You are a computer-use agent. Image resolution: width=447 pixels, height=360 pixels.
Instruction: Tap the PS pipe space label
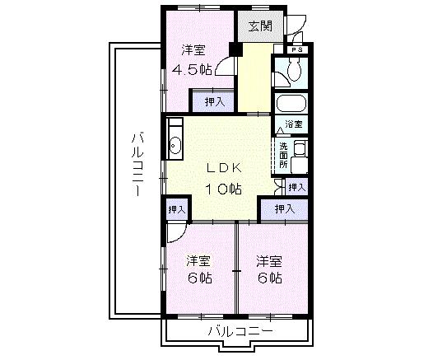[x=296, y=50]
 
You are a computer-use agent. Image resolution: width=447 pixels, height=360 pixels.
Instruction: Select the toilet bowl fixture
[x=295, y=70]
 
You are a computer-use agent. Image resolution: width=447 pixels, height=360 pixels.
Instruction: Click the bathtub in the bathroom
[x=291, y=103]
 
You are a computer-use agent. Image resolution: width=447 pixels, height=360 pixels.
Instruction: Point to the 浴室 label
[x=294, y=124]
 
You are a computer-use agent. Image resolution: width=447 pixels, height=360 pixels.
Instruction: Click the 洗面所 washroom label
[x=283, y=156]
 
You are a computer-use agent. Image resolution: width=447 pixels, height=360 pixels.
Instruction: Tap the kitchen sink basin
[x=175, y=146]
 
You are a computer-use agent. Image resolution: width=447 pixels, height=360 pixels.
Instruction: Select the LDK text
[x=224, y=168]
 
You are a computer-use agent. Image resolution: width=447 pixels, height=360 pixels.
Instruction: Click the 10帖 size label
[x=224, y=189]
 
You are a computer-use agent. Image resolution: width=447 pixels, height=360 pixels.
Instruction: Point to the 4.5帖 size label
[x=192, y=69]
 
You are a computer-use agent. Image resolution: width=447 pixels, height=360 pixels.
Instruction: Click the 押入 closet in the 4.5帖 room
[x=215, y=101]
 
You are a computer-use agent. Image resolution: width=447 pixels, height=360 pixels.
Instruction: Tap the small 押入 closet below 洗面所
[x=296, y=188]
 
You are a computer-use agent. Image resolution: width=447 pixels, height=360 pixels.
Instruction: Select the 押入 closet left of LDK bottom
[x=177, y=210]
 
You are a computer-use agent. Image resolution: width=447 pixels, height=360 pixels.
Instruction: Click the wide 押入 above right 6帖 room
[x=285, y=209]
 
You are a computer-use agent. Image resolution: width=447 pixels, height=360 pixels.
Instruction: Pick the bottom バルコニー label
[x=240, y=331]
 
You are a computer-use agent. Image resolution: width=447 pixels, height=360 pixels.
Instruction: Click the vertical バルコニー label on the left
[x=137, y=164]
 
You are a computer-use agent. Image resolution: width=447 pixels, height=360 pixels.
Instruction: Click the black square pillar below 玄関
[x=235, y=49]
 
